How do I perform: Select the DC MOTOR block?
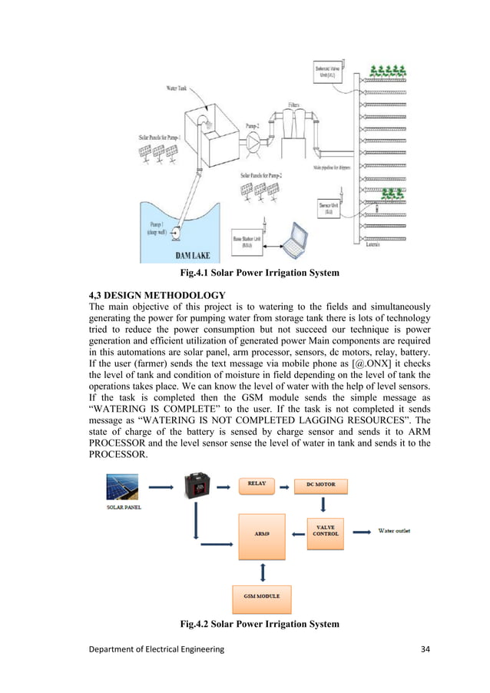tap(320, 486)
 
